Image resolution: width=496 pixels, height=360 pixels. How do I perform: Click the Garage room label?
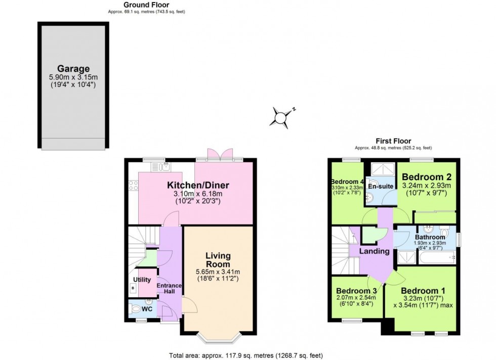click(x=73, y=69)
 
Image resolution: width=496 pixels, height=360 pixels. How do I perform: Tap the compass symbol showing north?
click(x=280, y=117)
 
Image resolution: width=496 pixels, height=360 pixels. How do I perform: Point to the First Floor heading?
click(x=393, y=141)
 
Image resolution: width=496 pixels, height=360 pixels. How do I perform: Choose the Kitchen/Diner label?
click(x=195, y=185)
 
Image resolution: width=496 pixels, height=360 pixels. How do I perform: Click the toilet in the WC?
click(x=136, y=308)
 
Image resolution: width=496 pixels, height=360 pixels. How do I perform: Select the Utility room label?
click(x=142, y=279)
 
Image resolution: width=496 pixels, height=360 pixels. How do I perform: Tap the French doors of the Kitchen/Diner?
click(x=220, y=153)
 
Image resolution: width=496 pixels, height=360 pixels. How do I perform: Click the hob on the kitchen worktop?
click(x=134, y=186)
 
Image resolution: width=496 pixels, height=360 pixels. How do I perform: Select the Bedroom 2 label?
click(x=427, y=177)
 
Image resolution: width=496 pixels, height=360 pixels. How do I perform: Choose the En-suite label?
click(x=380, y=187)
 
